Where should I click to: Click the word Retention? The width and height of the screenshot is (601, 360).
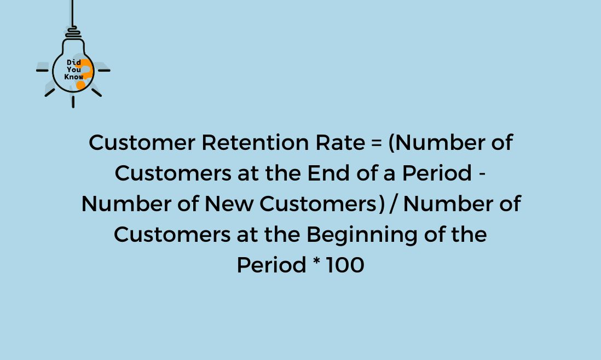tap(255, 142)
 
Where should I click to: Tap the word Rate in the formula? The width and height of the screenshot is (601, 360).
tap(340, 142)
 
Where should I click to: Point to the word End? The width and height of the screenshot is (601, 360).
tap(328, 173)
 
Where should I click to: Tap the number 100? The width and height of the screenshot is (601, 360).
tap(345, 265)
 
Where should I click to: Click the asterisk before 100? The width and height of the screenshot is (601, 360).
tap(316, 262)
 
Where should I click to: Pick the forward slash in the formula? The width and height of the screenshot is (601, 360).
tap(394, 204)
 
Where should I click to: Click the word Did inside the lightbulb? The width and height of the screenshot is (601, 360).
tap(73, 62)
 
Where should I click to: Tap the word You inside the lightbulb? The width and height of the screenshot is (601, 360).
tap(73, 69)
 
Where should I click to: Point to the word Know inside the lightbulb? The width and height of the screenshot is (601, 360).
tap(73, 77)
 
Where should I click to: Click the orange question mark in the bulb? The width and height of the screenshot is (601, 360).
tap(85, 73)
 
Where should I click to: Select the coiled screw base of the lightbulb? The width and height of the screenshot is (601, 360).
tap(73, 33)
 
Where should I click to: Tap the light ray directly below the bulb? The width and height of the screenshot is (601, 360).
tap(73, 102)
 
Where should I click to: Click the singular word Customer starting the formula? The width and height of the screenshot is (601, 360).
tap(142, 142)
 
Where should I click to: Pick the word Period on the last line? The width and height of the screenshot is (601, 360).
tap(271, 265)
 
